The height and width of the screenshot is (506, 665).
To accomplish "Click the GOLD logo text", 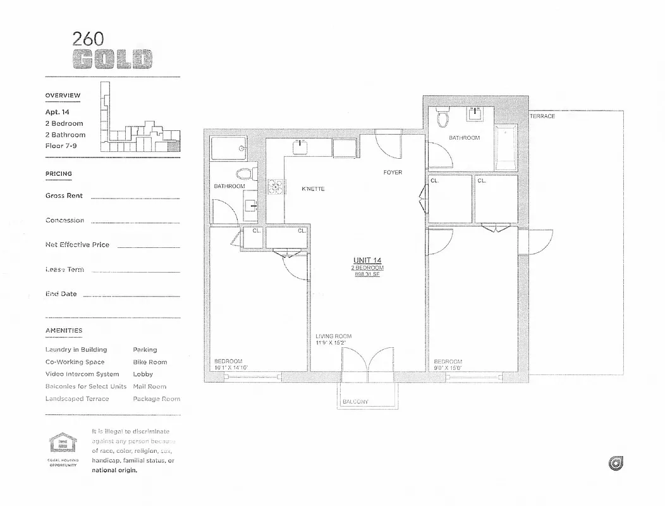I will click(112, 59).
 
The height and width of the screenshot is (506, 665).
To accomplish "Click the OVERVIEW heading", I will click(63, 96).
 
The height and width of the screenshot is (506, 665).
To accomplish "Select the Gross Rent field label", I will click(64, 196).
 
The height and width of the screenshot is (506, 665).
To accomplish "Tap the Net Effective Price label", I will click(77, 245).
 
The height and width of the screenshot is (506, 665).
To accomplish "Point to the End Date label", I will click(61, 294).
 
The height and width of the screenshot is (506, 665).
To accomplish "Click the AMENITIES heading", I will click(63, 331).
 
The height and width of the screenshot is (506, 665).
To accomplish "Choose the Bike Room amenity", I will click(150, 362).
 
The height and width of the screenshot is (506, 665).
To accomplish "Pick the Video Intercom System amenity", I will click(82, 374).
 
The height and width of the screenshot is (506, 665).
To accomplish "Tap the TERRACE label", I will click(542, 116).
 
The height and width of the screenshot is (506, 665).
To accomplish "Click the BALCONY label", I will click(355, 402).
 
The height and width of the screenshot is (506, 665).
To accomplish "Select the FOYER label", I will click(392, 173).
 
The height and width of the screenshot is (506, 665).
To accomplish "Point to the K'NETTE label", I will click(313, 189).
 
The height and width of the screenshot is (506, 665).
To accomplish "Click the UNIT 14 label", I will click(367, 261).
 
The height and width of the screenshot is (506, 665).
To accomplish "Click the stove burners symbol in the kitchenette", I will click(276, 186).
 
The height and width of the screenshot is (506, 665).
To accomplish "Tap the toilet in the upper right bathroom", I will click(442, 118).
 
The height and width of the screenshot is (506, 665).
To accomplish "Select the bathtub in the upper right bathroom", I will click(506, 148).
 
